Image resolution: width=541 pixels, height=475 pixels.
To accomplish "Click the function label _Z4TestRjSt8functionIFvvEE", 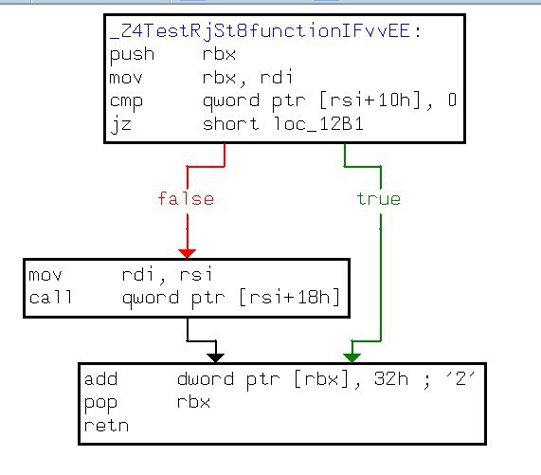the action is [x=260, y=31].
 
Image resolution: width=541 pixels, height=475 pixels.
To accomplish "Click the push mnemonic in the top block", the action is [x=132, y=55].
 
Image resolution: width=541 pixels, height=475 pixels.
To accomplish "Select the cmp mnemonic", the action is [x=126, y=101].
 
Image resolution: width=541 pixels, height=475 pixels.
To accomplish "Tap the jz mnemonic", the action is [x=120, y=124].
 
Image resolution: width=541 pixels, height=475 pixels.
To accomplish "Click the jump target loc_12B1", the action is [x=318, y=123].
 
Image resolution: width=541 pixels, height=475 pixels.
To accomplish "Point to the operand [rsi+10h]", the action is [x=370, y=100].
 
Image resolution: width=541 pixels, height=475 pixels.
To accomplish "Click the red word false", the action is [x=186, y=199].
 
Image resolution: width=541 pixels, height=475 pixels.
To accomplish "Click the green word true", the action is [x=378, y=199].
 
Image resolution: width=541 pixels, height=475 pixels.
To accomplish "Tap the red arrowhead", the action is [x=188, y=253].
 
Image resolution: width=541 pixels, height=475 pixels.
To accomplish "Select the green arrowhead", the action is [x=352, y=358].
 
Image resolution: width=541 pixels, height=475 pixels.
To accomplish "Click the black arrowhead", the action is [x=216, y=358].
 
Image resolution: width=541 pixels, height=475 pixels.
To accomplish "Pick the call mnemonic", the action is [x=50, y=298].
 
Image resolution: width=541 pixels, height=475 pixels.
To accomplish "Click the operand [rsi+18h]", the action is [x=290, y=297].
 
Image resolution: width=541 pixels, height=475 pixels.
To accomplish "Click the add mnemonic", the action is [x=100, y=378].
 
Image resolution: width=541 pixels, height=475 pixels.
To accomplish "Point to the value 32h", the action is [x=391, y=378].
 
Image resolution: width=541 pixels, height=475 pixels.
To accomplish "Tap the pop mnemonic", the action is [x=100, y=403].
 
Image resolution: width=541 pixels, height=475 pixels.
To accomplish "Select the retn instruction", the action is [x=106, y=426].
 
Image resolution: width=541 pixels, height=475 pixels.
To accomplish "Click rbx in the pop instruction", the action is [x=193, y=402].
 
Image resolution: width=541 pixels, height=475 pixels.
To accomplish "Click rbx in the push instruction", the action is [x=219, y=54].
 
